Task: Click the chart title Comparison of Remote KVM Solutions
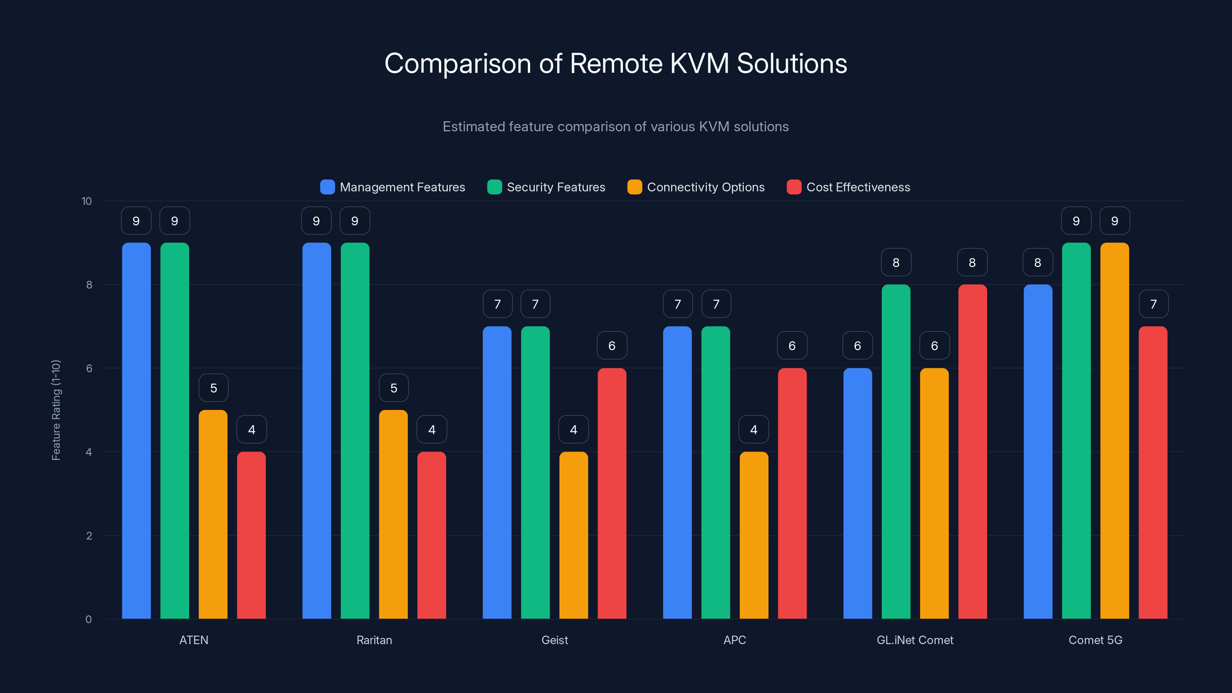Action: point(616,64)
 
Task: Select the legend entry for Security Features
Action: point(555,187)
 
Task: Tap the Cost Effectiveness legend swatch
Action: point(794,187)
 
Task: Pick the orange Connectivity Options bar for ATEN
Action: point(213,514)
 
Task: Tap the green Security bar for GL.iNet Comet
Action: point(896,452)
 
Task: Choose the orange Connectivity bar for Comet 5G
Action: point(1114,430)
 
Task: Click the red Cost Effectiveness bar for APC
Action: point(792,493)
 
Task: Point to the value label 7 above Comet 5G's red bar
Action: point(1153,304)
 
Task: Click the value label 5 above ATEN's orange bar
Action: point(213,388)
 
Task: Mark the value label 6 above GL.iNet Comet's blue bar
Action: point(857,346)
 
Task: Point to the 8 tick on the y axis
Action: point(89,285)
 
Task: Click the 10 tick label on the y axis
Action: point(87,201)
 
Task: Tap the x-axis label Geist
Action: point(554,640)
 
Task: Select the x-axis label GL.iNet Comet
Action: point(914,640)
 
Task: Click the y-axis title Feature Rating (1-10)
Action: point(56,410)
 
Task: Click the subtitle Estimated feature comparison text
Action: point(616,126)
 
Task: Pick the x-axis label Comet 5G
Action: point(1095,640)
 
